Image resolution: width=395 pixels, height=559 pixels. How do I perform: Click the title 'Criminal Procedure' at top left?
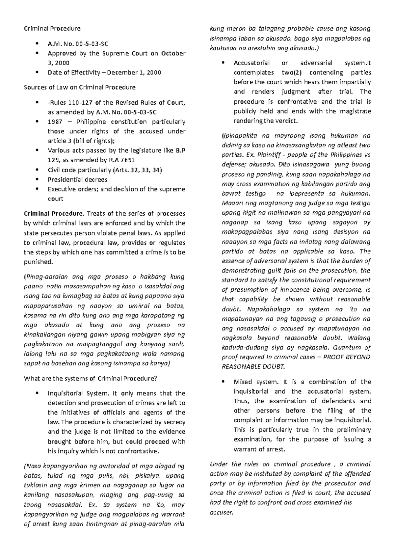pyautogui.click(x=52, y=29)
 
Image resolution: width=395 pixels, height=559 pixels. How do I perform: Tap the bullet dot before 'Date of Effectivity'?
pyautogui.click(x=39, y=73)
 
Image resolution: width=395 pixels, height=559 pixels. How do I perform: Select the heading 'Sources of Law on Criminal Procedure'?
pyautogui.click(x=80, y=88)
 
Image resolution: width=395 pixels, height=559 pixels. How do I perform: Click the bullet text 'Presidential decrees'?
pyautogui.click(x=77, y=180)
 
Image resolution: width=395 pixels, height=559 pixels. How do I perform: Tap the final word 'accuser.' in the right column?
pyautogui.click(x=221, y=513)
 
